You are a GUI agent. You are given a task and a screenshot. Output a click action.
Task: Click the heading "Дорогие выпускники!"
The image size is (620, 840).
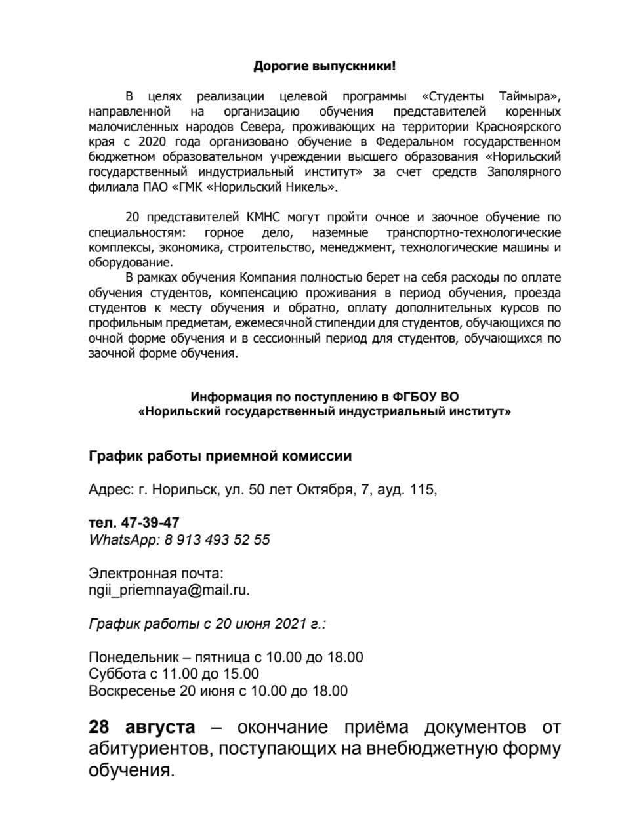(325, 66)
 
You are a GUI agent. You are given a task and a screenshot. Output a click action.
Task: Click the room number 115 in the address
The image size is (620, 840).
(421, 490)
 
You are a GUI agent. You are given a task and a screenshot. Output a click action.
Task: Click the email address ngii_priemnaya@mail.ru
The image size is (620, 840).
(169, 589)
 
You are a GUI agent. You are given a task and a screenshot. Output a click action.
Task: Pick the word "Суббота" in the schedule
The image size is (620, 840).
(113, 673)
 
